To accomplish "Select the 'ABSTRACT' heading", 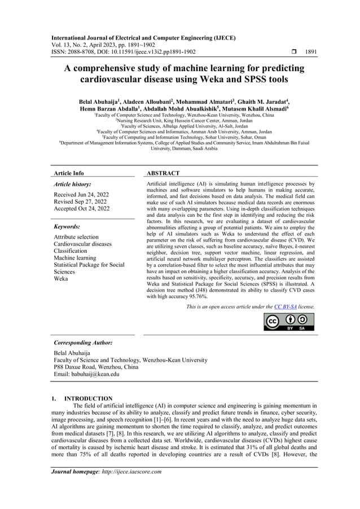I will tap(163, 173).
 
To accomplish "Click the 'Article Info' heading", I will tap(68, 173).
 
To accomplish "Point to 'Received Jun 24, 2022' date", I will tap(81, 194).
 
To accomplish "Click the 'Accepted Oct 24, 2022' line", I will tap(82, 209).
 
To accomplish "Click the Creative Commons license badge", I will tap(289, 321).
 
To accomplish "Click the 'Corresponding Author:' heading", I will tap(83, 343).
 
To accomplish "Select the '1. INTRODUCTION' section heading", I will tap(82, 398).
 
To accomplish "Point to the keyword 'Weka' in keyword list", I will tap(61, 279).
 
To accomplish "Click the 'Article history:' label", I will tap(72, 184).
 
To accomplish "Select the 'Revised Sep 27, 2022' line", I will tap(80, 201).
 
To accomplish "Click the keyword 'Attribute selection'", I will tap(76, 237).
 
